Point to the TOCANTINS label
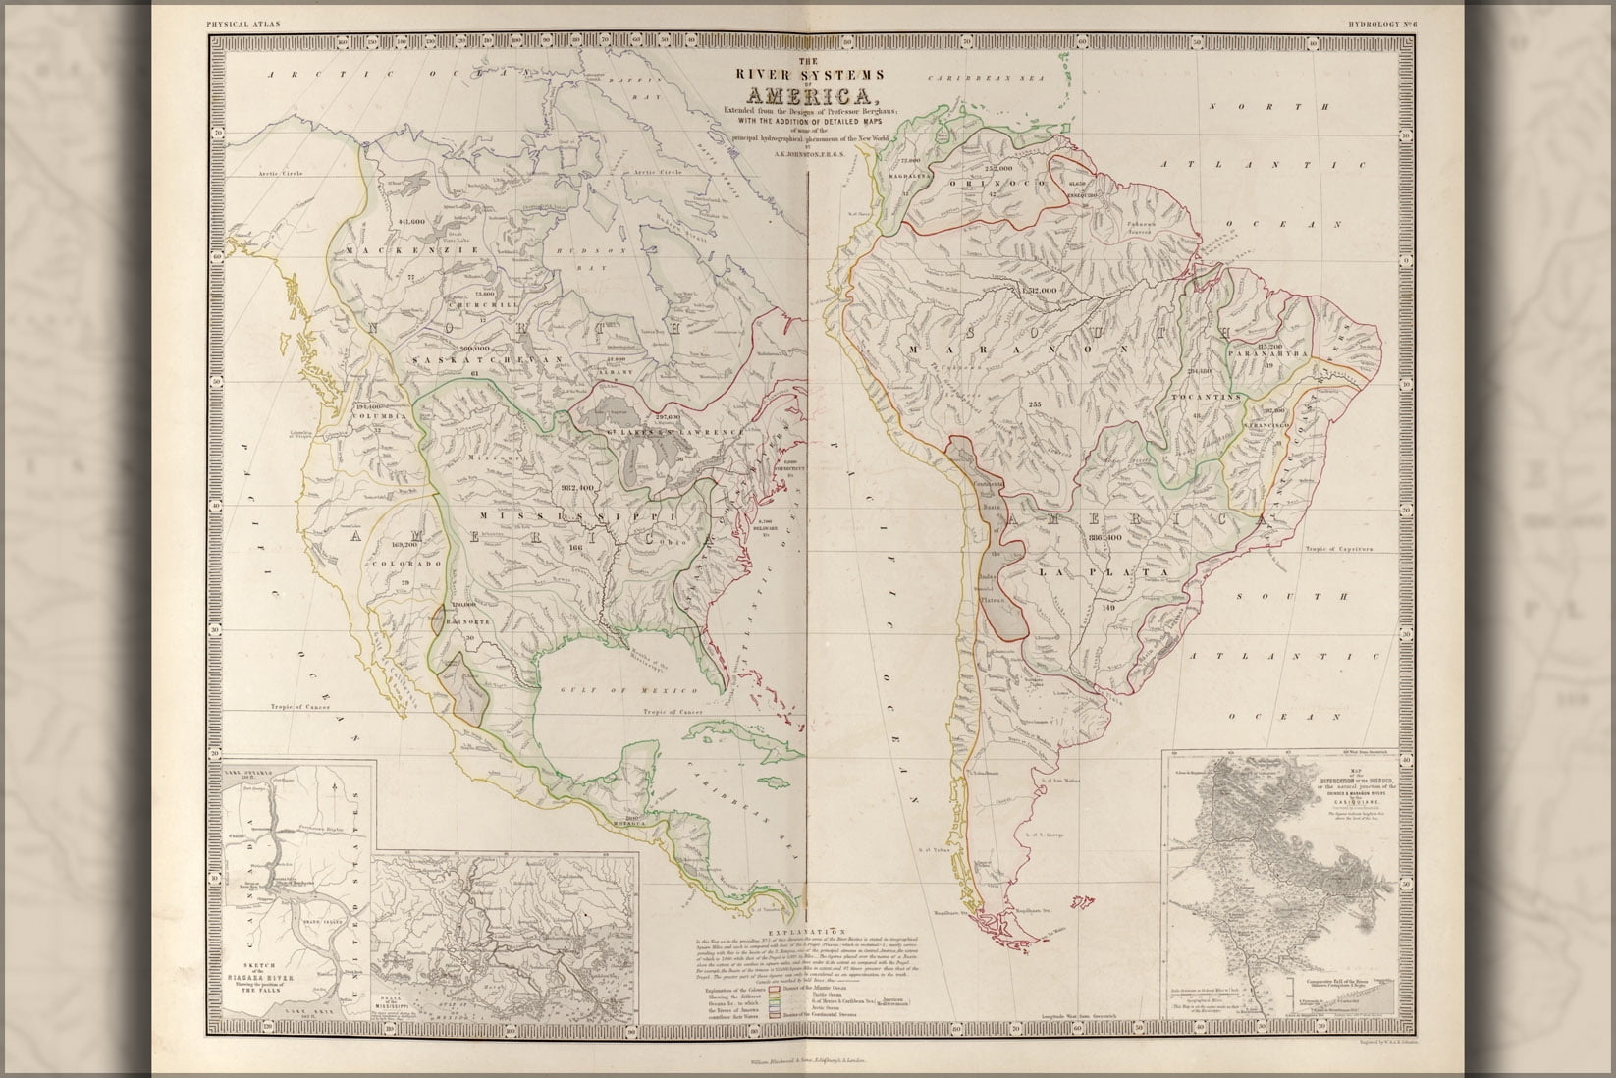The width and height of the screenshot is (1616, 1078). click(x=1198, y=397)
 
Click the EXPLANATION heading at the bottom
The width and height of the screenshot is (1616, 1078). click(x=804, y=929)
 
